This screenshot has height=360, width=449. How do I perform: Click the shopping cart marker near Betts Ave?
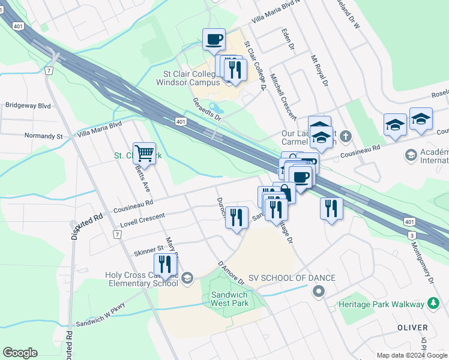click(144, 154)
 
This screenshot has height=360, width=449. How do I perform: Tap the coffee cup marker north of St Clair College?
click(214, 40)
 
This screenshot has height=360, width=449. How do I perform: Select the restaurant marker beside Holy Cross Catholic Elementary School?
click(165, 265)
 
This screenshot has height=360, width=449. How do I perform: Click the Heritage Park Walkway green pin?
click(433, 304)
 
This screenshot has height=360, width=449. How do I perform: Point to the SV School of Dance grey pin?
click(318, 292)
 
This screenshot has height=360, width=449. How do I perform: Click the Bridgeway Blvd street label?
click(28, 105)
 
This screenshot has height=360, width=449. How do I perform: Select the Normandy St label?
click(43, 136)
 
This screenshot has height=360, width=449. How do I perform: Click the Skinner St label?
click(149, 248)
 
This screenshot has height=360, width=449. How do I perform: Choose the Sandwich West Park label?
click(229, 299)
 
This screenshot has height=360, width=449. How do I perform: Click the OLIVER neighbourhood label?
click(413, 328)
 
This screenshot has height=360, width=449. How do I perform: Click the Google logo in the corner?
click(20, 353)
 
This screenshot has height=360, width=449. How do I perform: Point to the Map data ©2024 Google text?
click(412, 355)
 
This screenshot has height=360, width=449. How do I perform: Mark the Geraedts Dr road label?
click(206, 109)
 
